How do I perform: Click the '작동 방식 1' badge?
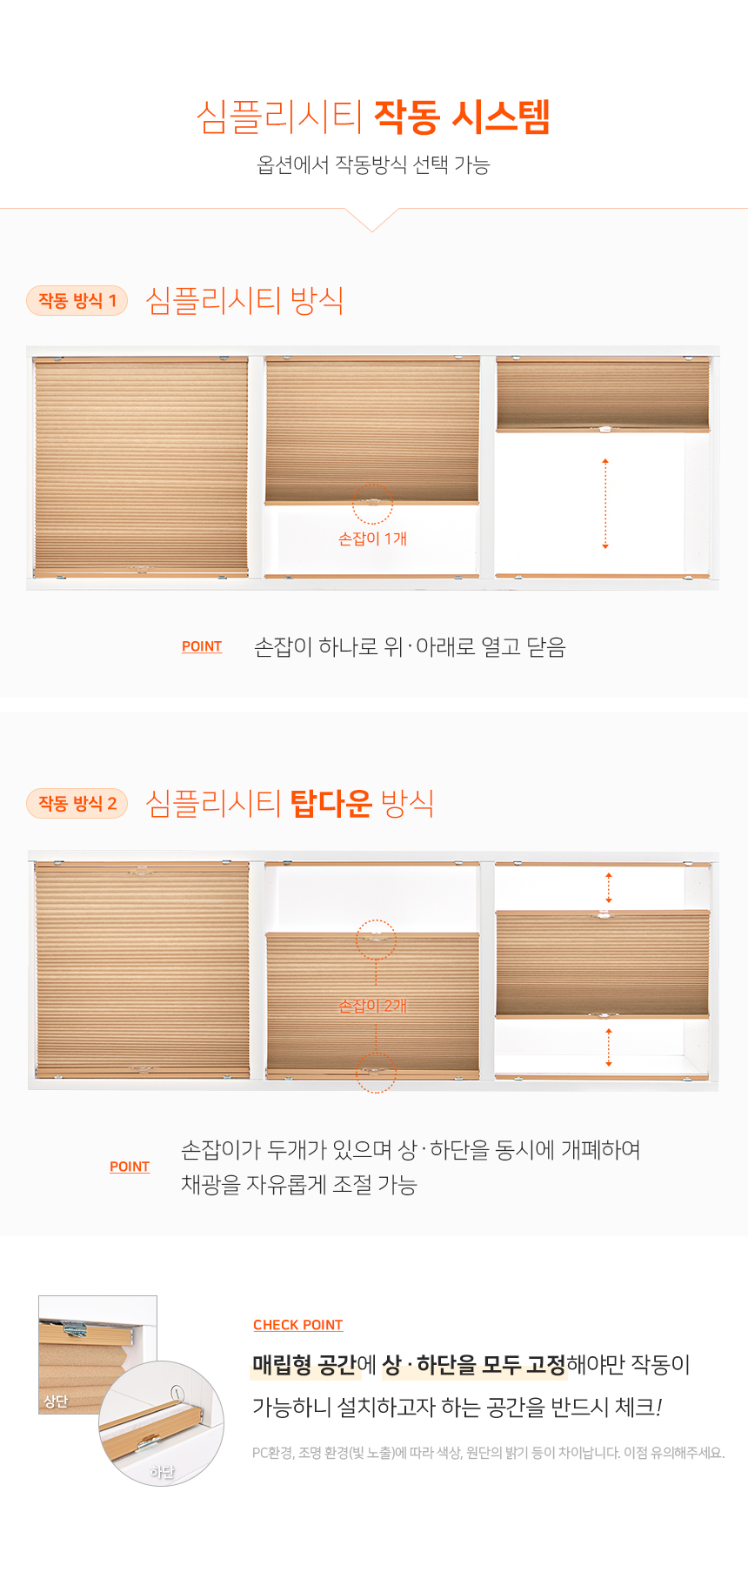77,301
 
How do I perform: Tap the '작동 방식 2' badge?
77,804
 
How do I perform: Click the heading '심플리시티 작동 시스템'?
373,116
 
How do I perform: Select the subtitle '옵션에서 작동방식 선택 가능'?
373,164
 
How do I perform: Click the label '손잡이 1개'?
372,538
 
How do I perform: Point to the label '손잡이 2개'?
372,1006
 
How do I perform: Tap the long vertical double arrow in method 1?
605,504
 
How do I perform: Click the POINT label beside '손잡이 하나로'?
202,646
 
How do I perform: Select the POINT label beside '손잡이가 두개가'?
130,1167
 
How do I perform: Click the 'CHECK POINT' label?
297,1325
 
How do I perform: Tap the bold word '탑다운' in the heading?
331,803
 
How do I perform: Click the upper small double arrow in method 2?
609,887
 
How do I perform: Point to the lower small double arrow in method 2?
609,1047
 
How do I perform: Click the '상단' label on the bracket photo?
56,1401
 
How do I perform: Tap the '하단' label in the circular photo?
162,1472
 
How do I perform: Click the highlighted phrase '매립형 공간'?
304,1364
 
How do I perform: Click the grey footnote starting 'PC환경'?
489,1452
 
